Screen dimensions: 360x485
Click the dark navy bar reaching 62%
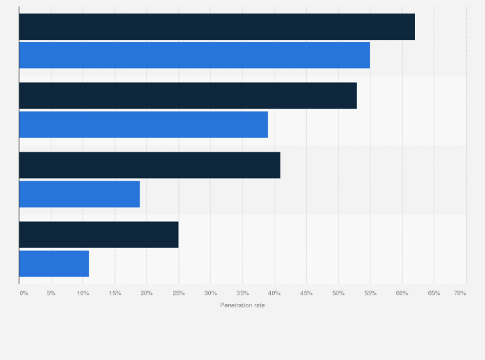(217, 26)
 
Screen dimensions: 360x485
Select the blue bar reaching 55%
(194, 55)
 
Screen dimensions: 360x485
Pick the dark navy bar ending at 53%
(188, 96)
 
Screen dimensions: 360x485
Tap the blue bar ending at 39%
(143, 124)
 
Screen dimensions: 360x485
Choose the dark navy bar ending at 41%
(150, 165)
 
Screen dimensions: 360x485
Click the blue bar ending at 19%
(80, 194)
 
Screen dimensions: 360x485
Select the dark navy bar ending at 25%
(98, 235)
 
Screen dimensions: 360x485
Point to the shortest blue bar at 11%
(54, 263)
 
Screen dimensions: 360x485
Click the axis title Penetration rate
(243, 305)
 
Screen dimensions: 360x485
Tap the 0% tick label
(24, 293)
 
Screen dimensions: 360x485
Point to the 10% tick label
(83, 293)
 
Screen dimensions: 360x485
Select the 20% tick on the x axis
(147, 293)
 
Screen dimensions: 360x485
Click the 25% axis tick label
(179, 293)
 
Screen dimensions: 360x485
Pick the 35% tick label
(243, 293)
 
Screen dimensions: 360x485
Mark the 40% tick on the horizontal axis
(275, 293)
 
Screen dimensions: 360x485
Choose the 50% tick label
(338, 293)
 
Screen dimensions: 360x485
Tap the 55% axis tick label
(370, 293)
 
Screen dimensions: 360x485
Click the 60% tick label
(402, 293)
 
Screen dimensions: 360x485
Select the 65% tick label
(434, 293)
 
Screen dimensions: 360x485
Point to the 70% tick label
(460, 293)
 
